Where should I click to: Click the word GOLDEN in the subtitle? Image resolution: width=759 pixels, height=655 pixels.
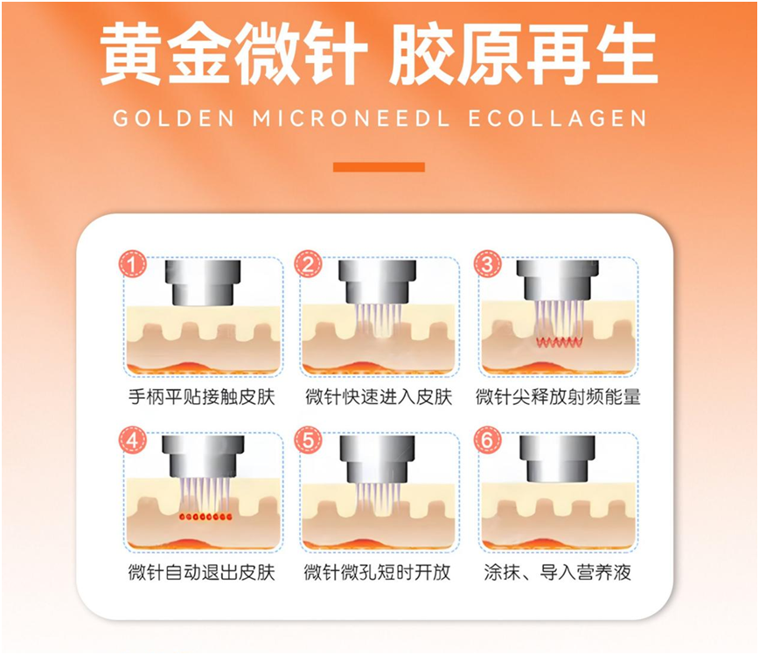170,118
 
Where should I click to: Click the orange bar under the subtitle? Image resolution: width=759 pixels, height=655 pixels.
379,167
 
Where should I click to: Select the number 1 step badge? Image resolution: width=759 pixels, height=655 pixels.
132,263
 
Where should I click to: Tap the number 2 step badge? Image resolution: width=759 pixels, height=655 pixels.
308,263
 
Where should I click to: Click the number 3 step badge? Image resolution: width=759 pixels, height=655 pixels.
486,263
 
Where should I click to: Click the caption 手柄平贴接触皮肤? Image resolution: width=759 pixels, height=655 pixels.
201,397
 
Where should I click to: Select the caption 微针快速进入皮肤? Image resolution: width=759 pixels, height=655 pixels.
379,397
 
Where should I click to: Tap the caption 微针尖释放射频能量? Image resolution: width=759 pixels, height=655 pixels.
558,397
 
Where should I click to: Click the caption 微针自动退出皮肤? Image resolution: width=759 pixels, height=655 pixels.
201,573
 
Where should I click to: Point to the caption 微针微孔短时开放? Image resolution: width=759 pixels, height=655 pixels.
379,573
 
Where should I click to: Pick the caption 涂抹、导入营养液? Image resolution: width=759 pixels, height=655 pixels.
558,573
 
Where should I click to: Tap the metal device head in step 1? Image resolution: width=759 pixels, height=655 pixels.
202,282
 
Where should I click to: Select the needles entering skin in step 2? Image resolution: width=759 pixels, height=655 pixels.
379,319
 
